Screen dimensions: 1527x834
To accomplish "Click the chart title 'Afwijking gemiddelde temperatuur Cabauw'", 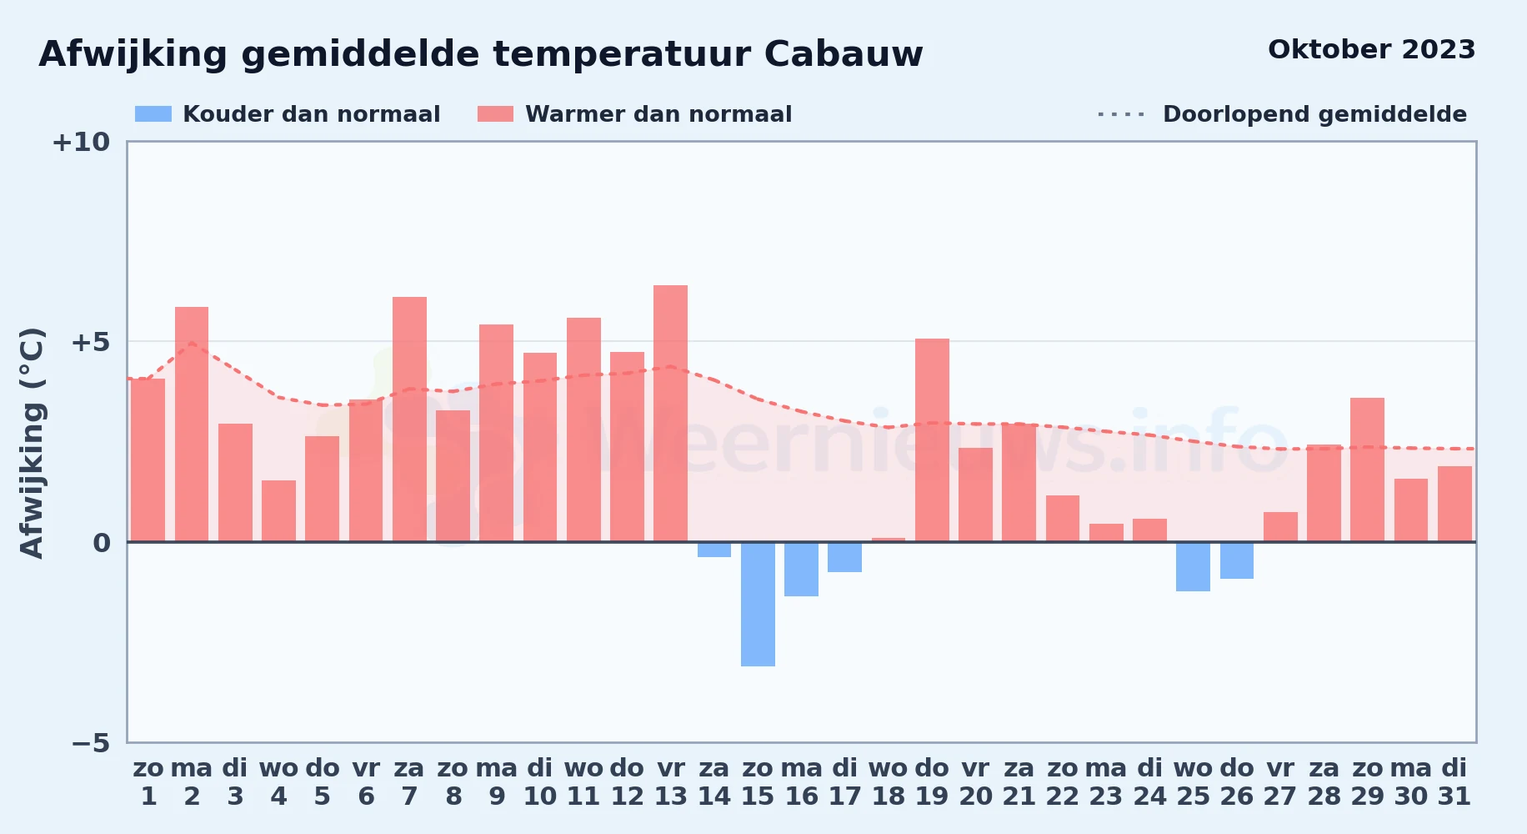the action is click(x=481, y=54).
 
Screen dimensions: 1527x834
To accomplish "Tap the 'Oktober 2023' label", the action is click(x=1371, y=49).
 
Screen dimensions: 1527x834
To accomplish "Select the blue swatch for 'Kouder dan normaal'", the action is click(x=153, y=114).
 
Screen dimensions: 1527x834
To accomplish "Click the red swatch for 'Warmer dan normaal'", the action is click(x=495, y=114).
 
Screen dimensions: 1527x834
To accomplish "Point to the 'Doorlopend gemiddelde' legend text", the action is click(x=1314, y=114).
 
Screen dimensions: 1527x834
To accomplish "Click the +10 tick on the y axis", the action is click(x=81, y=143).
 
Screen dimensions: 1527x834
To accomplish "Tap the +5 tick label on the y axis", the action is click(x=90, y=342).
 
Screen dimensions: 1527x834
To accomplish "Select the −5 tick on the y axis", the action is click(x=91, y=743).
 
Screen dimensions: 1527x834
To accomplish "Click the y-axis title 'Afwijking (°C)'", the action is click(x=32, y=443).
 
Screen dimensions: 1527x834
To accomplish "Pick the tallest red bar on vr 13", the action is click(x=670, y=414).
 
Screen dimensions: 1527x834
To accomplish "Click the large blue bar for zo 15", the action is click(x=758, y=604).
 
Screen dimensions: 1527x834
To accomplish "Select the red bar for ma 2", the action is click(x=192, y=425).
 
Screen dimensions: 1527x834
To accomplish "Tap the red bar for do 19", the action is click(x=932, y=440).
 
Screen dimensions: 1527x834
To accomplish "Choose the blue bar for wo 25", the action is click(x=1193, y=566).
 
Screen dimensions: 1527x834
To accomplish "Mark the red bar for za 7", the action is click(x=409, y=420).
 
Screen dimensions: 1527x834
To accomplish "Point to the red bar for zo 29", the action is click(x=1367, y=470).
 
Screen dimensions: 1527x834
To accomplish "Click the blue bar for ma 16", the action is click(x=801, y=569).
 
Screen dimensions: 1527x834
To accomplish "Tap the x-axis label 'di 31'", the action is click(x=1454, y=782).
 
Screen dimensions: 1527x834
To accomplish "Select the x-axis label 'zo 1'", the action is click(x=148, y=782).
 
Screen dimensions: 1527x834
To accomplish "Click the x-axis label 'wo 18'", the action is click(x=889, y=782).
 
